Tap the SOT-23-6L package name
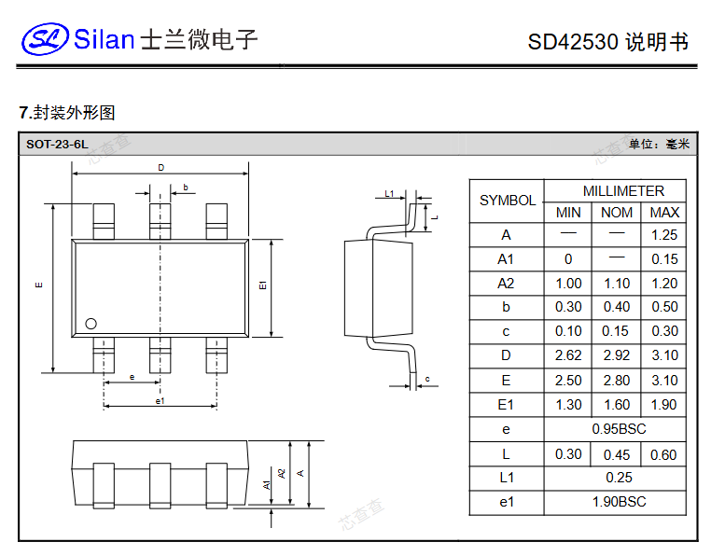(57, 144)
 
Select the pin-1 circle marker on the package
(91, 324)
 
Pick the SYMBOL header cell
(507, 201)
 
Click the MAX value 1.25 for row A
(664, 235)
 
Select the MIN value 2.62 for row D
(568, 355)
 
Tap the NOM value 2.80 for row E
(616, 381)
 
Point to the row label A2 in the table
(506, 284)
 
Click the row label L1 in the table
(506, 478)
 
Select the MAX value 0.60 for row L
(664, 454)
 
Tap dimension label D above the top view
(160, 168)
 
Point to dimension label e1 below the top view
(160, 401)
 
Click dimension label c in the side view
(426, 379)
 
